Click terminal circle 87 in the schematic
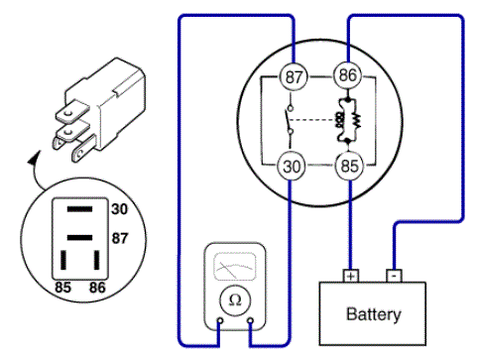[x=294, y=76]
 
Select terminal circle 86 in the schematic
[x=347, y=75]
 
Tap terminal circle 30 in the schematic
[x=291, y=167]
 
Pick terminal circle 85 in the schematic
[x=349, y=166]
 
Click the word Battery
[x=374, y=314]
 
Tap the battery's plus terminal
[x=351, y=276]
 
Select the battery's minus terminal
[x=394, y=276]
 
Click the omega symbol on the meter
[x=235, y=300]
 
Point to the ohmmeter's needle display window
[x=235, y=267]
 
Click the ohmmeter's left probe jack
[x=220, y=320]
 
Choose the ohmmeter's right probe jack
[x=251, y=320]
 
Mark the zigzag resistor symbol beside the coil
[x=356, y=121]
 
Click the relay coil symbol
[x=339, y=121]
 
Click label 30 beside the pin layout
[x=119, y=209]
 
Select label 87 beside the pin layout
[x=120, y=238]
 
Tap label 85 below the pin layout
[x=62, y=288]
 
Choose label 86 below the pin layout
[x=97, y=288]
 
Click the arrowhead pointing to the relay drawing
[x=34, y=158]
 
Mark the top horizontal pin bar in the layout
[x=79, y=209]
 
